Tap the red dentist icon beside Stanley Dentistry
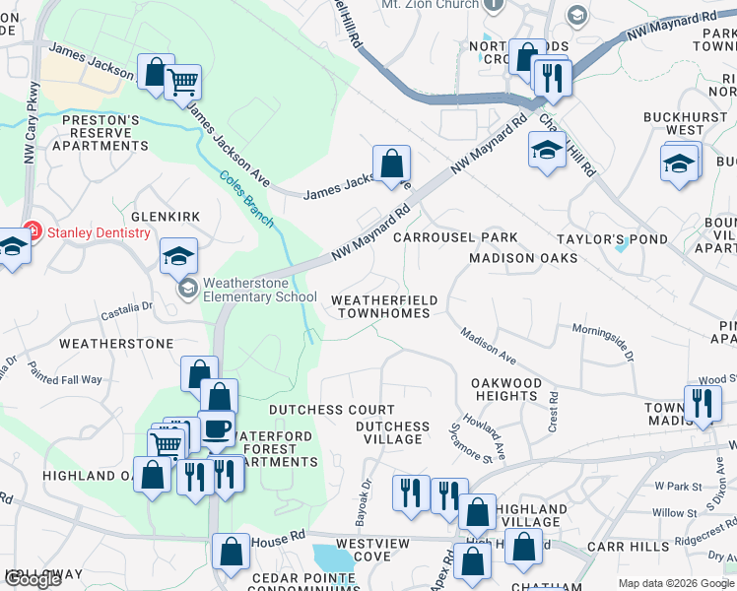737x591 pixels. click(32, 232)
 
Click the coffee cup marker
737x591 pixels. click(217, 428)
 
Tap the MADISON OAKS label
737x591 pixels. click(522, 258)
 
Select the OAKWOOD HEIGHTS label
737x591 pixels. click(504, 389)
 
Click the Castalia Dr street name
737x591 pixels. click(127, 312)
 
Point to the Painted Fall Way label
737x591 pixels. click(65, 373)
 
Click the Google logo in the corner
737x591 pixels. click(33, 580)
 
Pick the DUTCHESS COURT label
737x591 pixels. click(332, 410)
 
